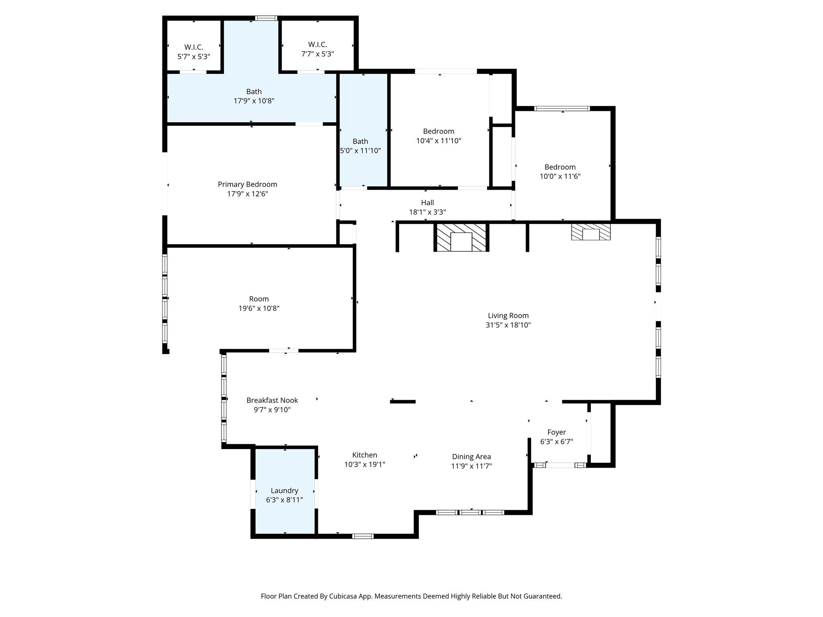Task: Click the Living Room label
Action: point(508,316)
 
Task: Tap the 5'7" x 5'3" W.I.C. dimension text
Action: point(194,57)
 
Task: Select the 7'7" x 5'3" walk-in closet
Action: point(317,49)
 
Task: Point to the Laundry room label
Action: point(284,490)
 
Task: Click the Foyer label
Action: point(556,432)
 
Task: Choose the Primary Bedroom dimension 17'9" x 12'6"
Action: point(247,194)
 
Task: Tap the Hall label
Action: point(427,202)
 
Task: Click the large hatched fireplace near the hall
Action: point(461,237)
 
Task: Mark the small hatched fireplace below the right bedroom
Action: point(591,232)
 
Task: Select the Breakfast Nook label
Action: point(272,400)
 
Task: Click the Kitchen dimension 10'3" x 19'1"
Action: point(364,465)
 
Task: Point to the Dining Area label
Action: point(471,457)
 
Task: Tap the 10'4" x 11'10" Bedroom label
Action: point(438,131)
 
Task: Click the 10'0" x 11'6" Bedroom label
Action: point(560,167)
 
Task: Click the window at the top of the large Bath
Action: point(266,18)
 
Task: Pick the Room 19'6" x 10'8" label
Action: point(258,299)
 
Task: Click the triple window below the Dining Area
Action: point(470,512)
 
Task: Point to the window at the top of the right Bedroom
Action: point(562,108)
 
